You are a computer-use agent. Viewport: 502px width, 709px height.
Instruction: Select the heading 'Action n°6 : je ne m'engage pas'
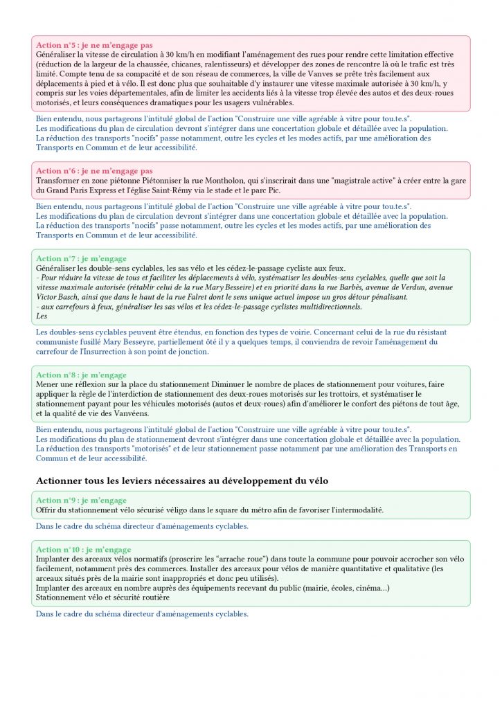tap(94, 171)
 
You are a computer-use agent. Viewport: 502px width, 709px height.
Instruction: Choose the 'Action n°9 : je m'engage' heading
tap(81, 501)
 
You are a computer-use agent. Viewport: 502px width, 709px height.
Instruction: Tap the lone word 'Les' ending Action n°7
tap(41, 316)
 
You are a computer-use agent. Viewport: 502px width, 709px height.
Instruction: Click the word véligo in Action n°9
tap(172, 510)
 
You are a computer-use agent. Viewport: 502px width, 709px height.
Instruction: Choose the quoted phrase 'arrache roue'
tap(220, 559)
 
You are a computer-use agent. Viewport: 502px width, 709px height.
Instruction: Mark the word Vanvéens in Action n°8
tap(150, 413)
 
